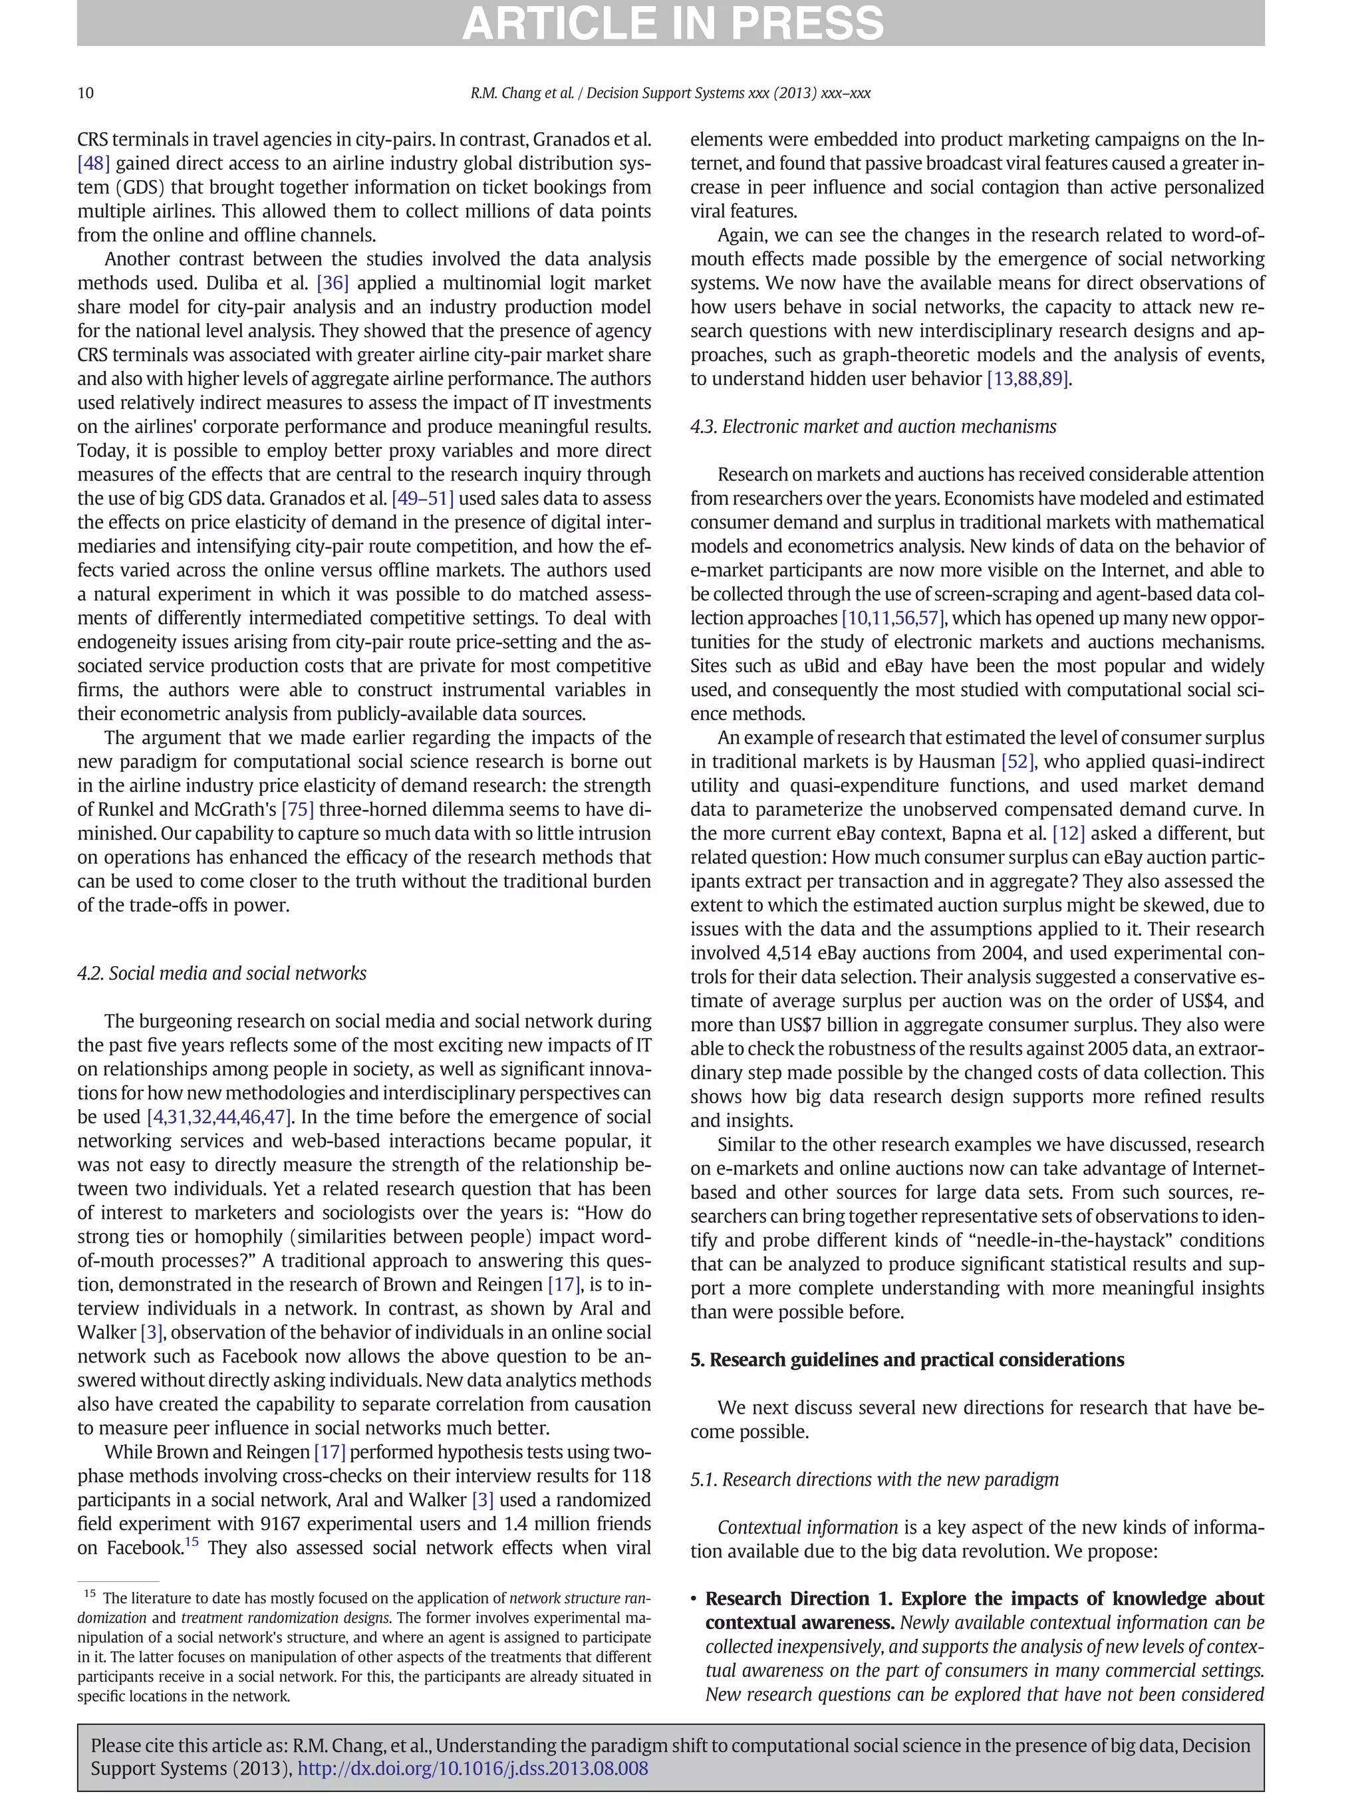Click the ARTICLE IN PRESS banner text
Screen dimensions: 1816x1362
(672, 23)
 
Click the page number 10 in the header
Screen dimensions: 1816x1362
(85, 93)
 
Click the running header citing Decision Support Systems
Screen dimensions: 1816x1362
(670, 93)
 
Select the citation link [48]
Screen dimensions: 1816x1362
(94, 164)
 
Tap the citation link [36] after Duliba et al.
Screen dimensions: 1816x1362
(333, 283)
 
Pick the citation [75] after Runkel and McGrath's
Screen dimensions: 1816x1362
(297, 809)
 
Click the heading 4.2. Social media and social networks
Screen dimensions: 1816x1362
(221, 973)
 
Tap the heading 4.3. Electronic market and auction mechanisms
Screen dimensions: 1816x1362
(873, 427)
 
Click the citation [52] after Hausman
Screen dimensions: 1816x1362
(1018, 762)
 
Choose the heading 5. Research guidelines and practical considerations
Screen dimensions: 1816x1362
(906, 1360)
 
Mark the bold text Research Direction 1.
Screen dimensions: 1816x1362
(798, 1599)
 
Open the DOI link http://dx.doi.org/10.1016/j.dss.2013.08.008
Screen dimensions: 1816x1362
(472, 1768)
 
